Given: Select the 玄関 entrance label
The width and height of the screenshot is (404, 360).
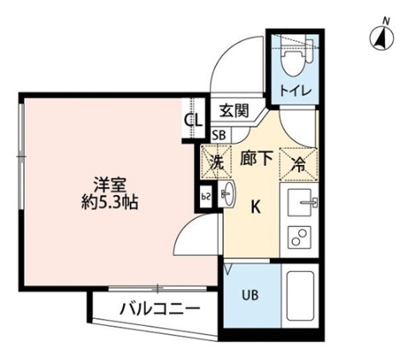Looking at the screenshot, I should point(232,110).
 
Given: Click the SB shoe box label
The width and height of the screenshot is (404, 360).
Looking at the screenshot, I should point(219,134).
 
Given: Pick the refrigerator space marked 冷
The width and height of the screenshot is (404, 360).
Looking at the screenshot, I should point(300,161).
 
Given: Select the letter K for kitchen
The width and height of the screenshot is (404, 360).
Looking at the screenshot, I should point(255,205).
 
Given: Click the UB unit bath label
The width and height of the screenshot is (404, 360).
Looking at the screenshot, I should point(249,297).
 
